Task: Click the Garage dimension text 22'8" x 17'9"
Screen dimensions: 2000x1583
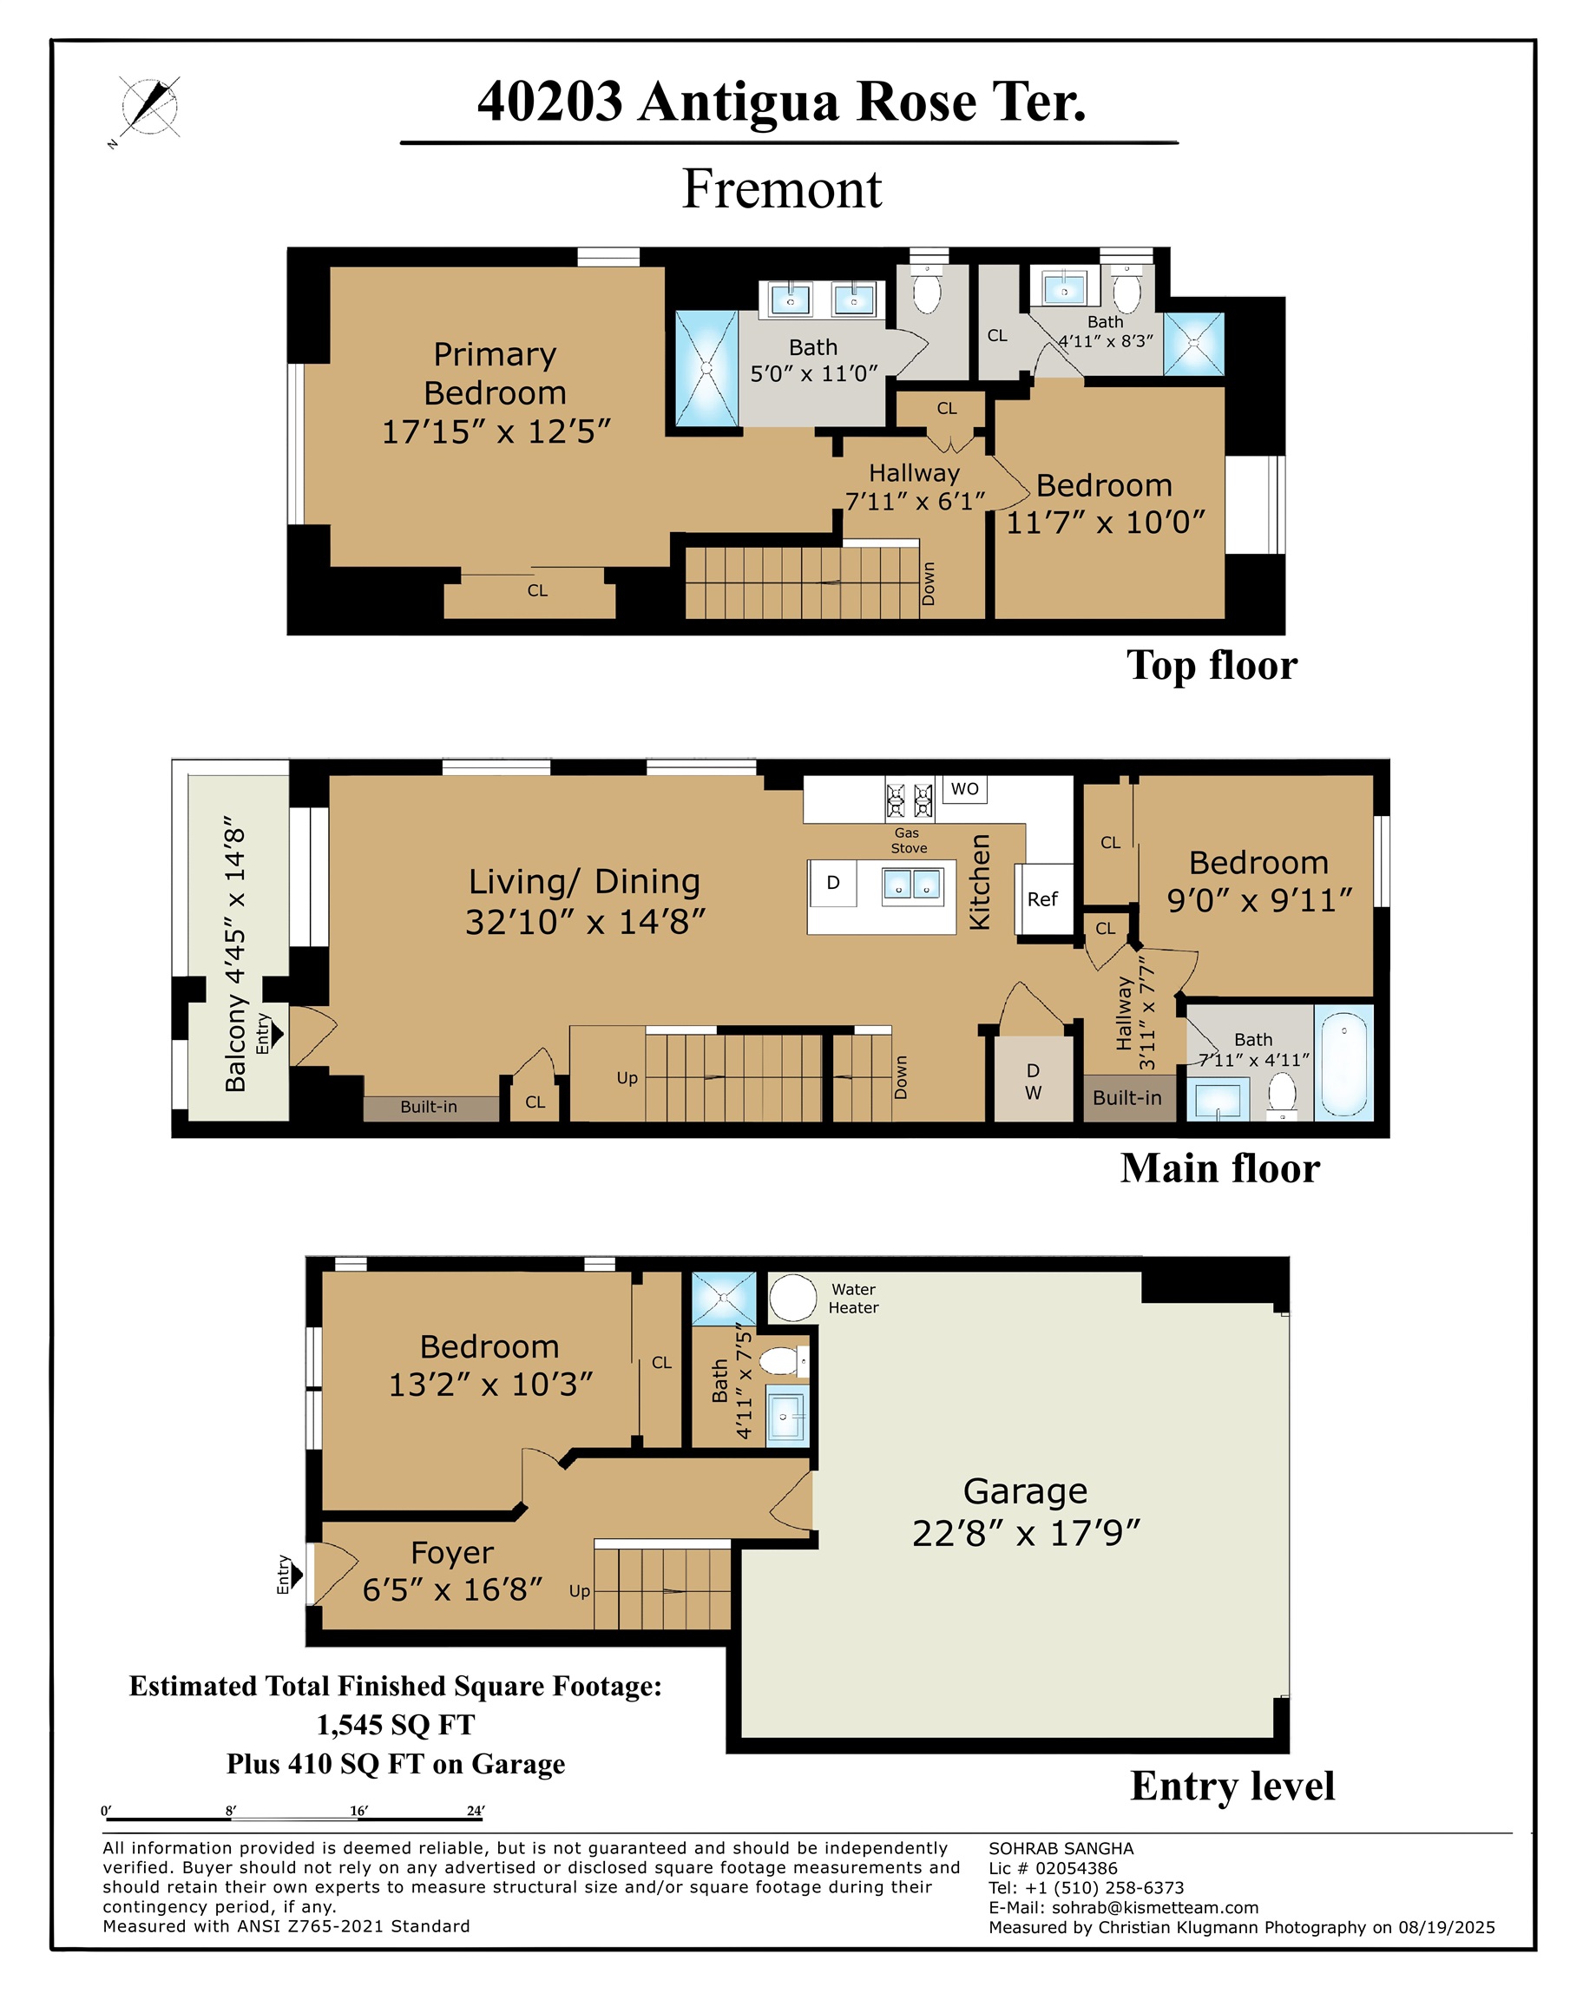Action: click(x=1025, y=1533)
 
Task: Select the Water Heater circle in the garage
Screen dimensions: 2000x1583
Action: click(x=792, y=1298)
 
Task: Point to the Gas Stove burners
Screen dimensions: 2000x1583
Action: click(x=910, y=799)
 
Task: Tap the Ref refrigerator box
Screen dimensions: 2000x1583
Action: click(x=1042, y=898)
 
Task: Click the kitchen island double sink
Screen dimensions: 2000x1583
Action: click(x=912, y=885)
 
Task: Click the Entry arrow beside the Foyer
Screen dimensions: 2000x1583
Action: click(x=296, y=1575)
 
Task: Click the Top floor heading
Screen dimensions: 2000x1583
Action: click(x=1212, y=666)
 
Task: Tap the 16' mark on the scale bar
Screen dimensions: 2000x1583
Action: click(x=358, y=1810)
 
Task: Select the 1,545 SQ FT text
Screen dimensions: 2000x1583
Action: click(x=396, y=1725)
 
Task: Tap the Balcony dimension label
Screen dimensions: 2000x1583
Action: click(x=236, y=954)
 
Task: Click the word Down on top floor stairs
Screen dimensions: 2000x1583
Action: click(x=928, y=583)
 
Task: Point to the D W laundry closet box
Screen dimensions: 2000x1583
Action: click(x=1033, y=1082)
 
